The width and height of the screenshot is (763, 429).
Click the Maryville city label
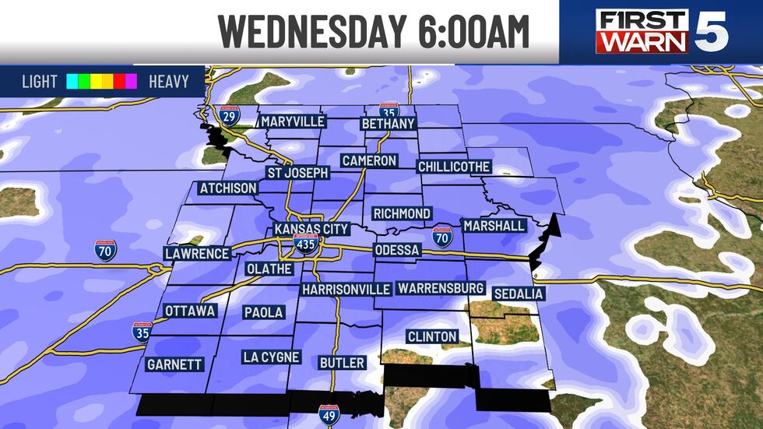(292, 121)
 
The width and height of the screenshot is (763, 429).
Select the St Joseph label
(297, 173)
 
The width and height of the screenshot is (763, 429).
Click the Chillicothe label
(454, 167)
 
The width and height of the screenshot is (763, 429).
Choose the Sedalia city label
(518, 294)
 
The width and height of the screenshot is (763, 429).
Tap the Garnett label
(174, 364)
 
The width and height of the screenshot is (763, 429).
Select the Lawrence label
(197, 254)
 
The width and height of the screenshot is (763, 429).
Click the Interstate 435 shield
(305, 245)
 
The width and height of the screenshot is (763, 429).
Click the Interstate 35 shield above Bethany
(390, 111)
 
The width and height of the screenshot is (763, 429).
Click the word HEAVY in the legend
(168, 81)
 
